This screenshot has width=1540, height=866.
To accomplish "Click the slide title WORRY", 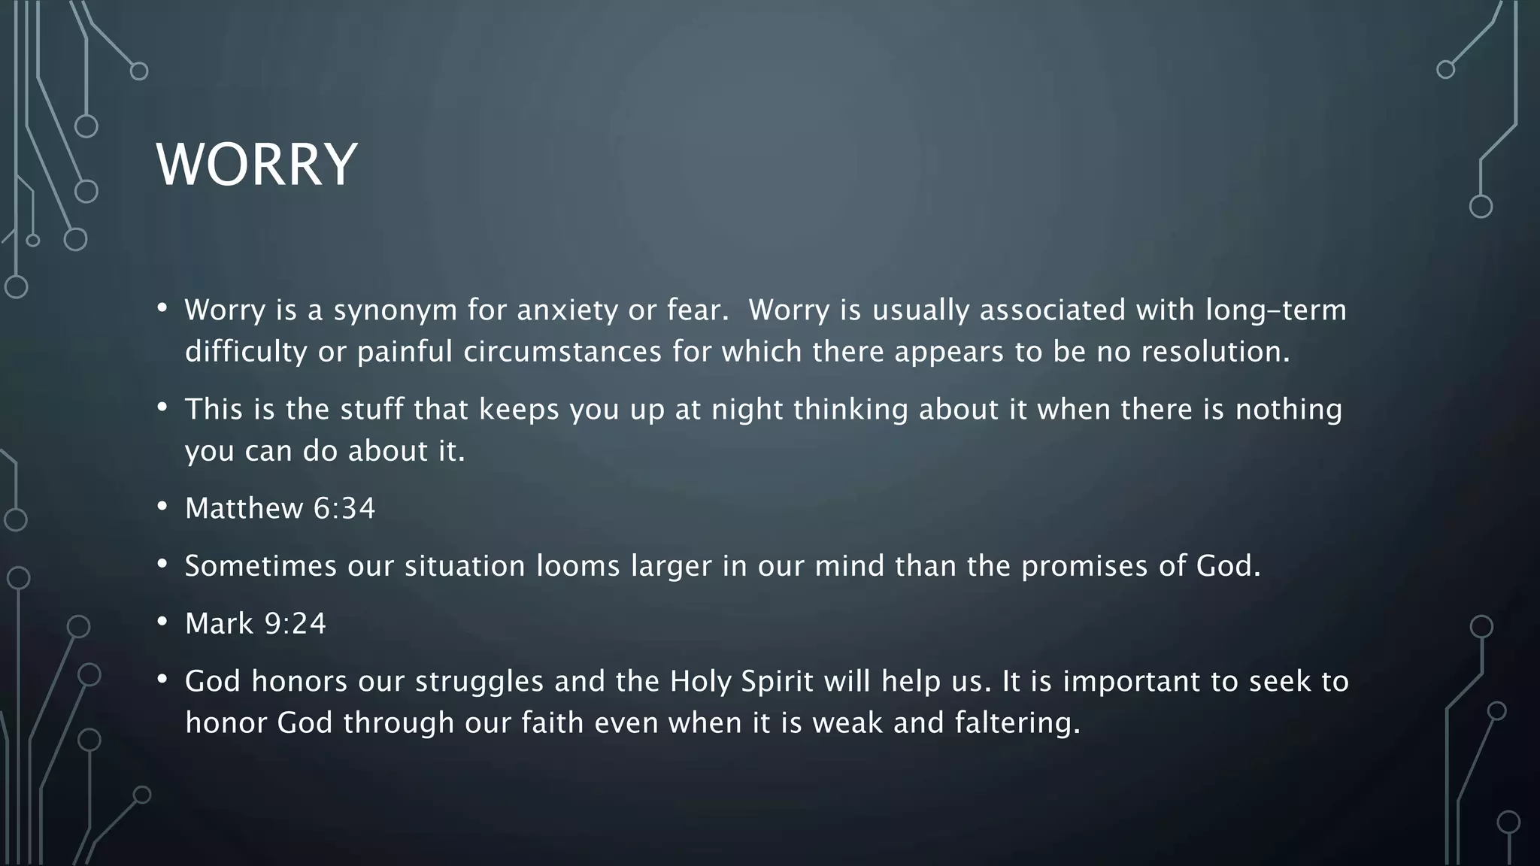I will point(256,165).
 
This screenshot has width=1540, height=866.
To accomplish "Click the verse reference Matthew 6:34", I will point(280,509).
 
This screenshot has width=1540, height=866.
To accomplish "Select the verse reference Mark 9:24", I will point(256,624).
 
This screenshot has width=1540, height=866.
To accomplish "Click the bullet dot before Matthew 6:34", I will point(162,507).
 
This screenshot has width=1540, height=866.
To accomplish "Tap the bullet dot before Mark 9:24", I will point(162,622).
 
